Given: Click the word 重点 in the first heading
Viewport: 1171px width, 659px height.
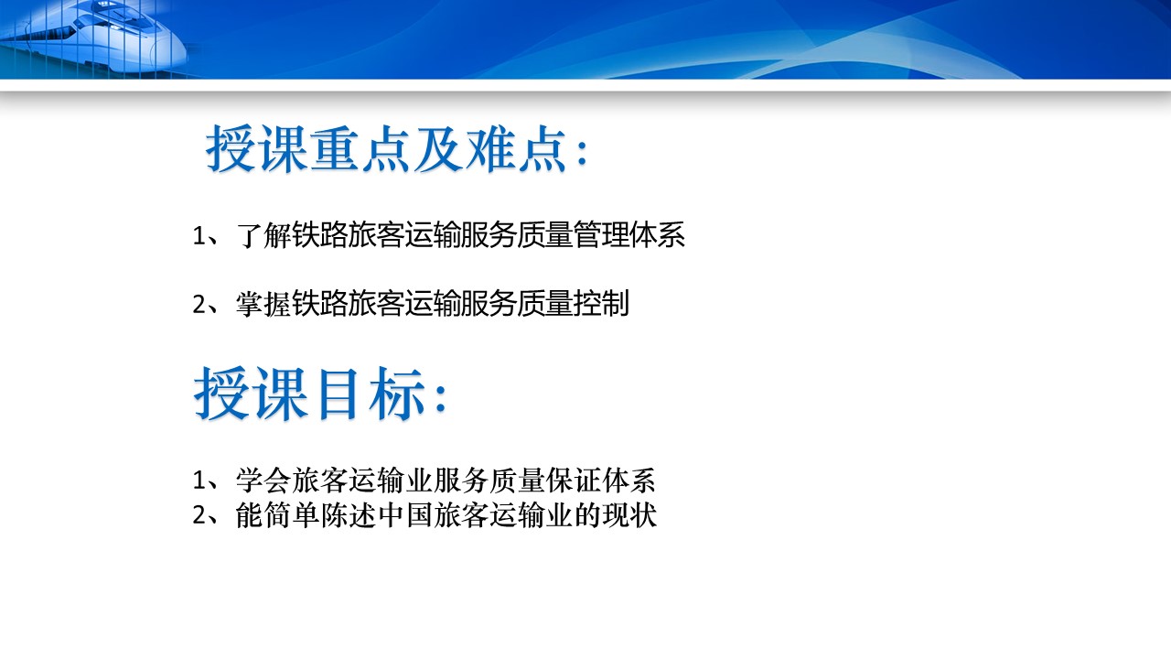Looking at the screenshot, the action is click(x=360, y=149).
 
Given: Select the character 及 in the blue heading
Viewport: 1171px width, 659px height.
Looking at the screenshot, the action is click(x=438, y=149).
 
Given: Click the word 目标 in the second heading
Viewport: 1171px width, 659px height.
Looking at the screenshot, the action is click(x=371, y=394).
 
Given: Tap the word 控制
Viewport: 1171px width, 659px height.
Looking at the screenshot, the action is click(x=602, y=303).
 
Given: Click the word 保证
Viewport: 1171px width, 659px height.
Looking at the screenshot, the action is click(x=574, y=481).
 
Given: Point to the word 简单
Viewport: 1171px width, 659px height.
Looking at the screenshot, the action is click(x=292, y=515).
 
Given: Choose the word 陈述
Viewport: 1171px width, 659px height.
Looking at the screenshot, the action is click(x=349, y=515).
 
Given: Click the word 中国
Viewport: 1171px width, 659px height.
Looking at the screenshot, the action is click(x=405, y=515).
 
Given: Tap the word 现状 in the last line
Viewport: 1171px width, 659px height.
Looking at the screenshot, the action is click(x=630, y=515).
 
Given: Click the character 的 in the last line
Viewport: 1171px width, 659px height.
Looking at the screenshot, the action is click(x=588, y=515).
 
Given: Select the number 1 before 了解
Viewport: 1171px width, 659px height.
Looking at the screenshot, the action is click(x=199, y=236).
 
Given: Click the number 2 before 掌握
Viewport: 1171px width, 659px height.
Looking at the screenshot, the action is click(x=199, y=305).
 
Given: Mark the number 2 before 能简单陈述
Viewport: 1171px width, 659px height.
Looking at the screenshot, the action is click(x=199, y=517).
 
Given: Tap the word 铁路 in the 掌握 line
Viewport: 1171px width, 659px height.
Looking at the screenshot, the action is click(x=320, y=303).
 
